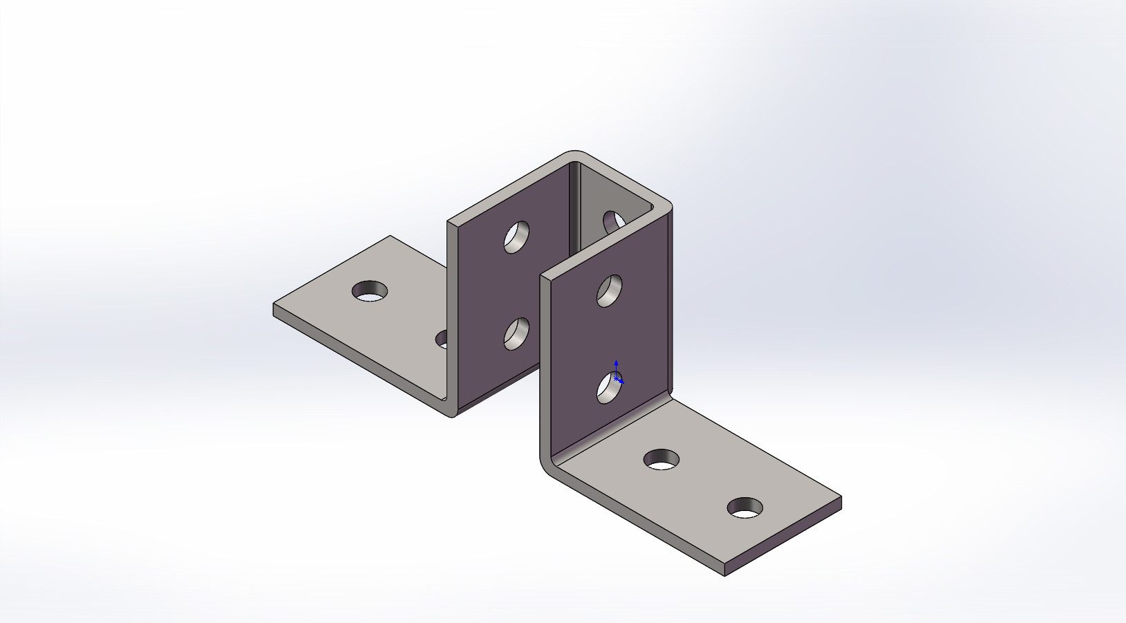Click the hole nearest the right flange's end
tap(745, 508)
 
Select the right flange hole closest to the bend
tap(661, 459)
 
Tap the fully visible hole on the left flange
tap(370, 291)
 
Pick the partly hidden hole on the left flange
tap(442, 340)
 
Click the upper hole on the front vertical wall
tap(610, 290)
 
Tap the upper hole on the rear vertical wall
tap(516, 237)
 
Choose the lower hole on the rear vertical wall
tap(516, 334)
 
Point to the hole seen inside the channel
tap(613, 222)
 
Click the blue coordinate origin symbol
tap(617, 379)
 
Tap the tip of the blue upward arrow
tap(616, 362)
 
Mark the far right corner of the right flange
tap(841, 497)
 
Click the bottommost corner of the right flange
tap(724, 575)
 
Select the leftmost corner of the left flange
tap(274, 305)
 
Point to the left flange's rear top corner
tap(391, 236)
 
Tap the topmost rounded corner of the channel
tap(573, 153)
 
